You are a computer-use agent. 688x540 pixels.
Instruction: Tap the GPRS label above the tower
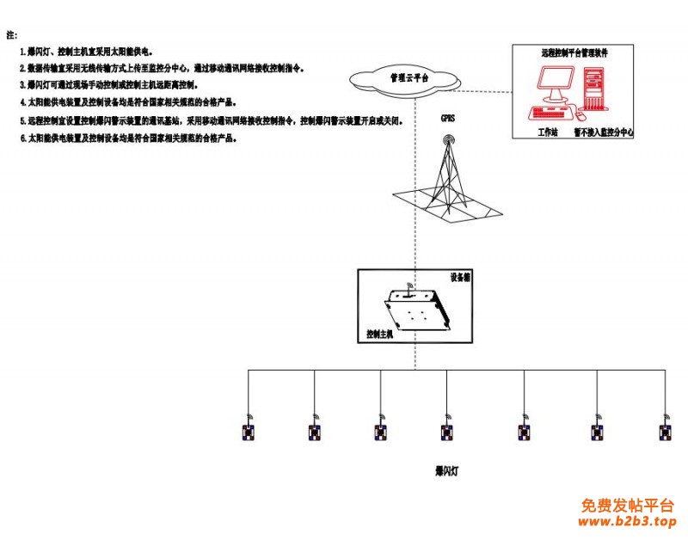click(447, 117)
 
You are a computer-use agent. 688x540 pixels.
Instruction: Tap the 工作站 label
click(548, 132)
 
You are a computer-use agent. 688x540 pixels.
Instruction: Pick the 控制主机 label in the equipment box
click(379, 334)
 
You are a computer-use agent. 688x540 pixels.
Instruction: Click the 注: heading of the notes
click(11, 35)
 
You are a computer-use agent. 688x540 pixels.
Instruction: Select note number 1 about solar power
click(86, 52)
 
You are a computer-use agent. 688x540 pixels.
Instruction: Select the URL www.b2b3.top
click(628, 521)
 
